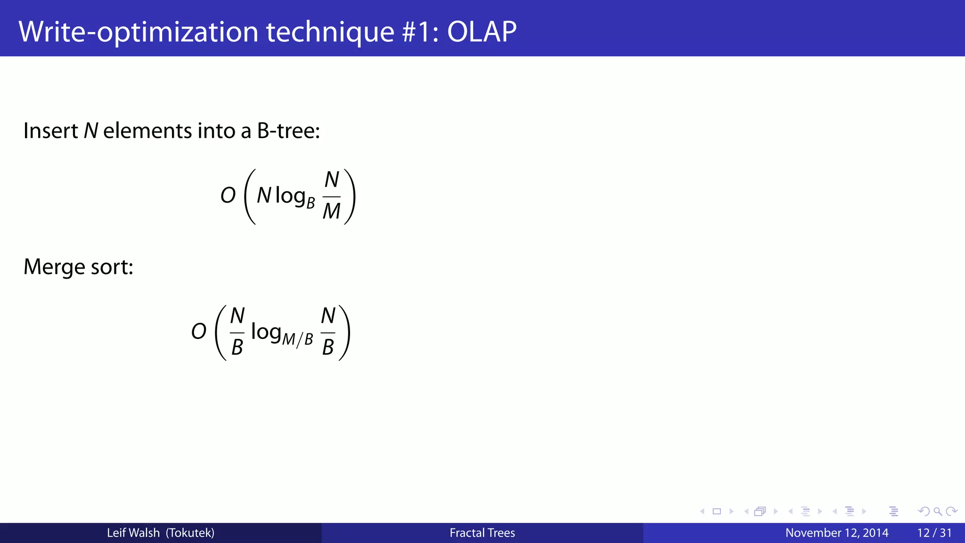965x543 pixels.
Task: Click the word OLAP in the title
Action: [x=482, y=32]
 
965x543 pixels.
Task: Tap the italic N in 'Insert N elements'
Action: [x=90, y=131]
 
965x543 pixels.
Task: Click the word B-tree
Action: [x=288, y=131]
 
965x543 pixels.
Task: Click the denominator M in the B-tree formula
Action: [x=331, y=212]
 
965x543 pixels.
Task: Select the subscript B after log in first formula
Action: [x=311, y=203]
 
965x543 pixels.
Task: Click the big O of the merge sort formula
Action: [x=199, y=332]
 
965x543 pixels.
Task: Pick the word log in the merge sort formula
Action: [x=266, y=332]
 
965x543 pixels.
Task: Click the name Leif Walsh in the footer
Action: [x=133, y=533]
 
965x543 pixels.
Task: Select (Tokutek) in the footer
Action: [x=190, y=533]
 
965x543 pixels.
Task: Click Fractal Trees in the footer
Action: [x=482, y=533]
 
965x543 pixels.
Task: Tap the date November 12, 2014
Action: [x=837, y=533]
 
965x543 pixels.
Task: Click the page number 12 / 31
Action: [x=934, y=533]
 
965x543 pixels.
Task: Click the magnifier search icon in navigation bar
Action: [x=938, y=511]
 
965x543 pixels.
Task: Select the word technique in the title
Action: [x=330, y=32]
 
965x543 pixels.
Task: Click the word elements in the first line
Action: [x=147, y=131]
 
